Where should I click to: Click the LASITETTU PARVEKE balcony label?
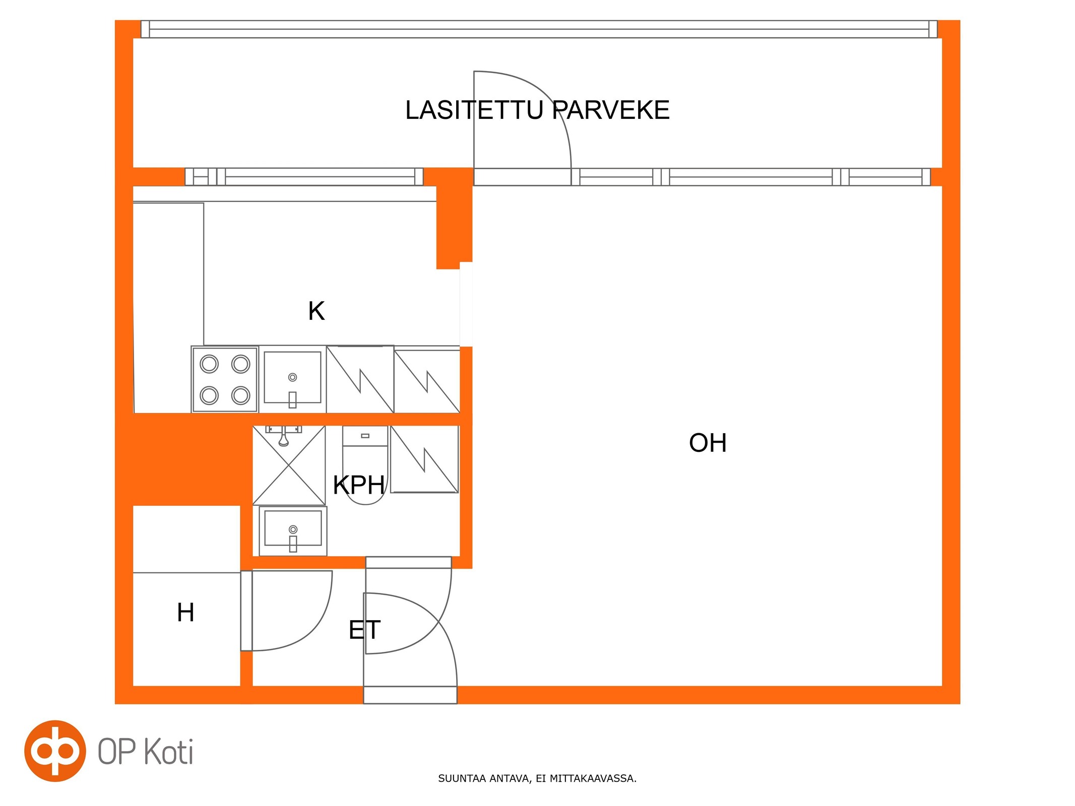click(537, 110)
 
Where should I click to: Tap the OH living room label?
click(708, 443)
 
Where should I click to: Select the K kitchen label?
click(317, 311)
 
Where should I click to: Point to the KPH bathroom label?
click(359, 485)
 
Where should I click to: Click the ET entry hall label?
click(364, 630)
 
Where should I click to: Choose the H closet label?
click(185, 613)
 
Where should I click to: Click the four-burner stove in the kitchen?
click(225, 379)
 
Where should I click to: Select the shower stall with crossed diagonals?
click(289, 465)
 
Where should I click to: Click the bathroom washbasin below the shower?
click(293, 531)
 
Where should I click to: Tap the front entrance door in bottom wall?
click(410, 695)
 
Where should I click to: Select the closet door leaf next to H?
click(246, 611)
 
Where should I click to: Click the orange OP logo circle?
click(55, 751)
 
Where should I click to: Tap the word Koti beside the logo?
click(169, 752)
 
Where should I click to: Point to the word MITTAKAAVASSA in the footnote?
click(593, 779)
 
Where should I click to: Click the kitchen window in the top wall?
click(304, 177)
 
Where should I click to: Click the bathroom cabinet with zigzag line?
click(424, 459)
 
